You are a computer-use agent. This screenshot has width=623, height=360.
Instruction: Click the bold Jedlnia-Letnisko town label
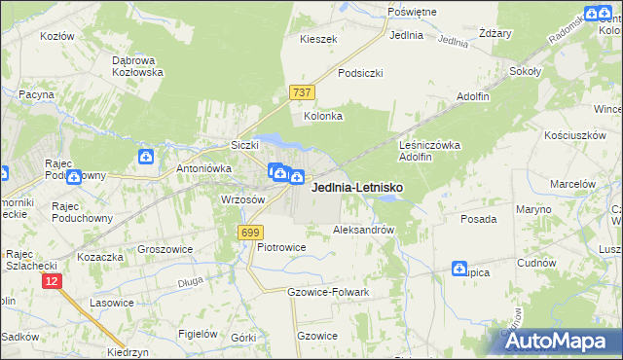point(356,188)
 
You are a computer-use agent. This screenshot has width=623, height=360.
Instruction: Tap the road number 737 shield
point(302,92)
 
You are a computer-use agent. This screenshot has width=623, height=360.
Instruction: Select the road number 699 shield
point(250,232)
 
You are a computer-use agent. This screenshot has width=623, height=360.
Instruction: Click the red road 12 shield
point(52,280)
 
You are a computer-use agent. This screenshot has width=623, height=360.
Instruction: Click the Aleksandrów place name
point(363,231)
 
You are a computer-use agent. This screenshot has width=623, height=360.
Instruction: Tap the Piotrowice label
point(281,247)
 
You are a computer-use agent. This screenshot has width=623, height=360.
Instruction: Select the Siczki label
point(243,146)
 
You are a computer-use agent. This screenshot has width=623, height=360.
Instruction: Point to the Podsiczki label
point(360,73)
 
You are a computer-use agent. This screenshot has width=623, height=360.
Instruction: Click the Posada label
point(479,220)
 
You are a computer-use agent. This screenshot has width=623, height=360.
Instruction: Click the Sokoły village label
point(526,71)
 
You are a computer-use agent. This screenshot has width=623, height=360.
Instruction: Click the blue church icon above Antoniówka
point(146,156)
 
